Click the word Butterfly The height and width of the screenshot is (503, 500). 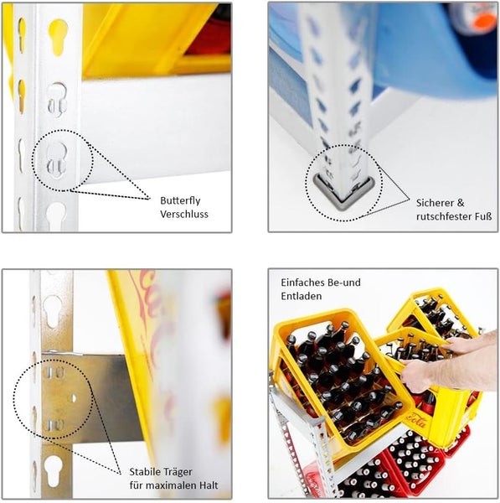tap(180, 201)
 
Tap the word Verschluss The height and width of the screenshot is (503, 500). tap(184, 214)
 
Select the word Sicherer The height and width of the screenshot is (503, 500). tap(434, 203)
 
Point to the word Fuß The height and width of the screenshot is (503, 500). tap(483, 216)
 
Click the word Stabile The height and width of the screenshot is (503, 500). tap(144, 471)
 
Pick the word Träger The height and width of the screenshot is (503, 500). tap(177, 472)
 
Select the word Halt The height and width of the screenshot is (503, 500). tap(209, 485)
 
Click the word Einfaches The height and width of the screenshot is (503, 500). tap(300, 283)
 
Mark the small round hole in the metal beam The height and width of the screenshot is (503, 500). tap(74, 398)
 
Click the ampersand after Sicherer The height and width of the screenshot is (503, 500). tap(461, 203)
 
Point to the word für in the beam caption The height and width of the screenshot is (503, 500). tap(137, 485)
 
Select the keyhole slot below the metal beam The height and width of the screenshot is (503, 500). tap(53, 470)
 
